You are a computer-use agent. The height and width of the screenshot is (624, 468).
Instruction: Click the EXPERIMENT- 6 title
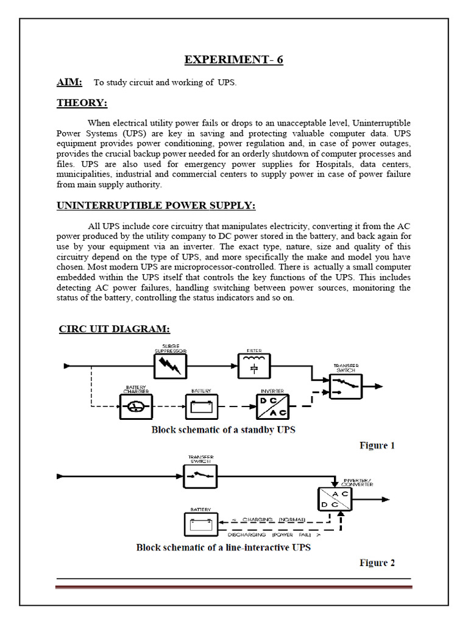tap(234, 59)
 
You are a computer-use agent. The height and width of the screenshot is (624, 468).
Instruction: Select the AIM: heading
tap(69, 82)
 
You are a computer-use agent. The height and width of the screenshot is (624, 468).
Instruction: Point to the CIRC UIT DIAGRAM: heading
tap(114, 329)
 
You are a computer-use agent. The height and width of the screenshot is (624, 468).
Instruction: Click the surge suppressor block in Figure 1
tap(169, 367)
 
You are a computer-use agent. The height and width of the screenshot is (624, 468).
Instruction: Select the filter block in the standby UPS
tap(253, 367)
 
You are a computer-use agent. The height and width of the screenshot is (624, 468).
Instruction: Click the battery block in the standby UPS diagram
tap(201, 405)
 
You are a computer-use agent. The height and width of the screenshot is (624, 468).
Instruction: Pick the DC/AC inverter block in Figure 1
tap(272, 405)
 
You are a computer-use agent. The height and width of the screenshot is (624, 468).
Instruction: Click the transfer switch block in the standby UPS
tap(346, 386)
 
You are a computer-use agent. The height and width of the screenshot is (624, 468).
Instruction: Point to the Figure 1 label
tap(377, 445)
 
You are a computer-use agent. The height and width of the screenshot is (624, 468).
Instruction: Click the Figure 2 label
tap(377, 562)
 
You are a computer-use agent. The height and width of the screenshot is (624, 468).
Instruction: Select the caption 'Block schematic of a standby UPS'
tap(223, 430)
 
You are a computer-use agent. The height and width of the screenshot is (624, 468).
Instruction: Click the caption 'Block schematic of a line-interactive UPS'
tap(223, 547)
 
